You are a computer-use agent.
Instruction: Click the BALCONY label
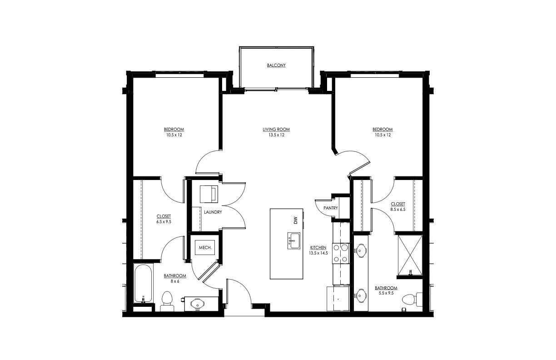[276, 65]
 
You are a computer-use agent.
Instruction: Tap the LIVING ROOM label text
[276, 130]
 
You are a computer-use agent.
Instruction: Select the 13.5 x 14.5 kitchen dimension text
[318, 253]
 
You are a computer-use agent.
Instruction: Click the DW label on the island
[295, 220]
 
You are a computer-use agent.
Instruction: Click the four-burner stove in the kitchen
[341, 254]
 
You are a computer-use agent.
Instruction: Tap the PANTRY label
[330, 208]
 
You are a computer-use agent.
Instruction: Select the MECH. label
[204, 248]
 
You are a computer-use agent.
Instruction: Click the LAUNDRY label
[213, 212]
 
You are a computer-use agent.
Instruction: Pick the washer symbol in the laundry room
[209, 193]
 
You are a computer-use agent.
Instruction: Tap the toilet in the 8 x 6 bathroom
[167, 301]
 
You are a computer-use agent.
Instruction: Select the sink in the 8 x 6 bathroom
[198, 304]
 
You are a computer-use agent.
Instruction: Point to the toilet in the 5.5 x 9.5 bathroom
[412, 300]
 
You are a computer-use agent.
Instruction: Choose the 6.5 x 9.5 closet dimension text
[164, 222]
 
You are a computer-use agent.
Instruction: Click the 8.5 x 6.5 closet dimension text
[397, 210]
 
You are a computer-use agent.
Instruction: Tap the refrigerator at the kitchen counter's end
[338, 299]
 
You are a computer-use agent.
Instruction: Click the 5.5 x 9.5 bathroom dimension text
[386, 293]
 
